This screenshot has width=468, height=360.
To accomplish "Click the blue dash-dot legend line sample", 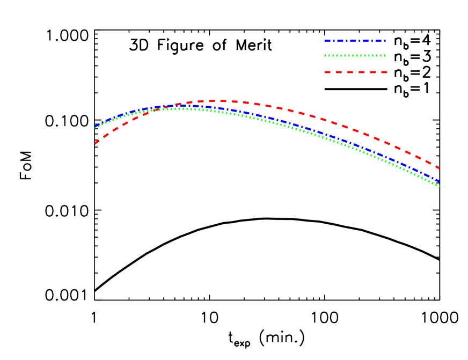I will (355, 41).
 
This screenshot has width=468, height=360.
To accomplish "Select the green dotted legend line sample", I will (355, 55).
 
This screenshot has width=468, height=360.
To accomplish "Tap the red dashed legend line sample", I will (355, 72).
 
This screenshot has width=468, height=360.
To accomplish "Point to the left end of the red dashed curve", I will (95, 143).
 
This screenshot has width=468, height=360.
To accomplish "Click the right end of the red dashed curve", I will (439, 168).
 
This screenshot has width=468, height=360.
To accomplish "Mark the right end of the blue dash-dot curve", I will (439, 181).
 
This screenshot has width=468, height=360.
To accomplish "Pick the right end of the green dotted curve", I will (439, 186).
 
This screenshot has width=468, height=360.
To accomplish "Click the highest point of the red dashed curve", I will (220, 101).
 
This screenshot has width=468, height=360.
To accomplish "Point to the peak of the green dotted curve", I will (180, 108).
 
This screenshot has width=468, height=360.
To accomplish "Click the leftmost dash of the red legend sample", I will (327, 72).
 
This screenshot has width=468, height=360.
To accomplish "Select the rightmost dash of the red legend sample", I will (383, 72).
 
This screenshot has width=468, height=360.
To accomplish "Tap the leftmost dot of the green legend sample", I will (325, 55).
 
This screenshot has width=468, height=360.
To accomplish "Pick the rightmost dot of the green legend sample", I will (385, 55).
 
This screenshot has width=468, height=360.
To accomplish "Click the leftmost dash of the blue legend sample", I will (327, 41).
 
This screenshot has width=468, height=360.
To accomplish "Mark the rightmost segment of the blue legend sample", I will (382, 41).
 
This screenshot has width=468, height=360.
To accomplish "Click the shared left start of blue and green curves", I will (95, 127).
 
